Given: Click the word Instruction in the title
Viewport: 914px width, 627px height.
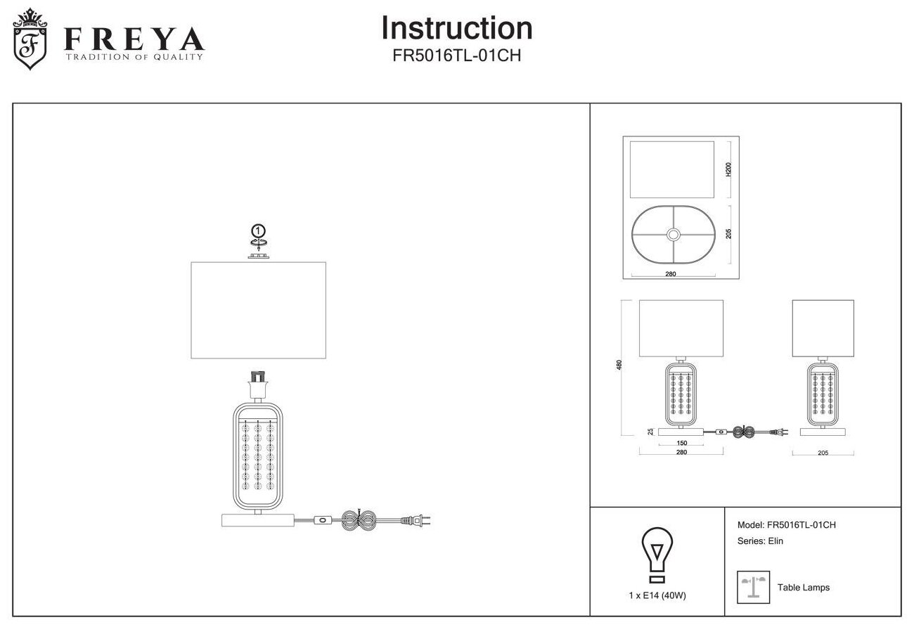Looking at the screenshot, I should tap(456, 28).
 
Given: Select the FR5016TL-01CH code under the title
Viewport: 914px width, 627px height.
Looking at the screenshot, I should tap(456, 56).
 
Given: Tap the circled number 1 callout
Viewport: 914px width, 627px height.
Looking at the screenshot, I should tap(259, 230).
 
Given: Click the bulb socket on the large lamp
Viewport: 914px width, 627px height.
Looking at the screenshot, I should tap(259, 387).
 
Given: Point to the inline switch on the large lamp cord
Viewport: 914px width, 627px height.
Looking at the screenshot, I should tap(323, 521).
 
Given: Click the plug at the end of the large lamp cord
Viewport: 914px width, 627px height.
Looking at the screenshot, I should tap(415, 521).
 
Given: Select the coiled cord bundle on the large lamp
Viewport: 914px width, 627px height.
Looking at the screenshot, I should tap(361, 521).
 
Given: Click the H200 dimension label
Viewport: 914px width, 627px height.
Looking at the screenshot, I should tap(728, 169).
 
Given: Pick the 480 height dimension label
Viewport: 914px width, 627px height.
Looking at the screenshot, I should tap(619, 366).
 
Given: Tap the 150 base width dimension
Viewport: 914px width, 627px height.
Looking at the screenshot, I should tap(681, 443).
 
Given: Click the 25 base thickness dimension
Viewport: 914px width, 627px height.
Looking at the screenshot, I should tap(650, 431).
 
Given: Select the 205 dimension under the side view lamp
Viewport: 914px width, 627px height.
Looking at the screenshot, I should tap(823, 453).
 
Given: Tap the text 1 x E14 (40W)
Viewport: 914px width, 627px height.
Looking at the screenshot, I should tap(657, 595).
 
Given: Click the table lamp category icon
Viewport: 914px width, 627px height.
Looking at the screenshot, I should tap(753, 587).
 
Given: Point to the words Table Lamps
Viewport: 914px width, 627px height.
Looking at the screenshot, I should tap(804, 588).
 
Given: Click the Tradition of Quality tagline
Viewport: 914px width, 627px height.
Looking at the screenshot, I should tap(134, 57).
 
